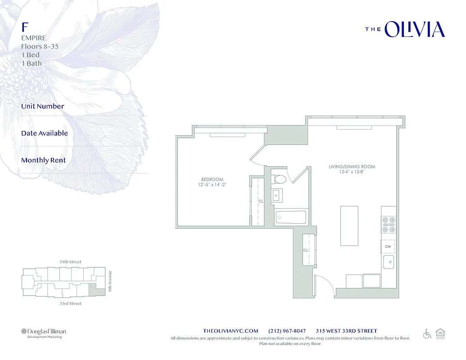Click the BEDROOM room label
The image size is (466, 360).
pyautogui.click(x=212, y=180)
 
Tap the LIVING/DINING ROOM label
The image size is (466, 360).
pyautogui.click(x=352, y=166)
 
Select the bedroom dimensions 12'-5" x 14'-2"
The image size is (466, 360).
pyautogui.click(x=212, y=184)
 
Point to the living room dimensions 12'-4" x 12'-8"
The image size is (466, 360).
pyautogui.click(x=352, y=171)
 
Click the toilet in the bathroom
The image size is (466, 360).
pyautogui.click(x=280, y=178)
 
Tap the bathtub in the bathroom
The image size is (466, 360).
pyautogui.click(x=290, y=217)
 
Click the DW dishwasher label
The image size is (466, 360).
pyautogui.click(x=388, y=247)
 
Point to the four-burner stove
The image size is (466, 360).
pyautogui.click(x=389, y=225)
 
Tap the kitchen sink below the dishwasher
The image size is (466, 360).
pyautogui.click(x=389, y=261)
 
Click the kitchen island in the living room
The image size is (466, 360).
pyautogui.click(x=349, y=226)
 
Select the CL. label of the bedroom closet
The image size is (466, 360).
pyautogui.click(x=261, y=201)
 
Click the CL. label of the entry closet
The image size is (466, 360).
pyautogui.click(x=306, y=250)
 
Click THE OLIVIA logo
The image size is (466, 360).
pyautogui.click(x=405, y=29)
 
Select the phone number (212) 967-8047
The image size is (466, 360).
pyautogui.click(x=287, y=331)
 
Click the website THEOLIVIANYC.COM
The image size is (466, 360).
pyautogui.click(x=231, y=331)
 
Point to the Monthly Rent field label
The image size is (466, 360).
pyautogui.click(x=43, y=160)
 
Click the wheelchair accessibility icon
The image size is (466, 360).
pyautogui.click(x=427, y=333)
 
